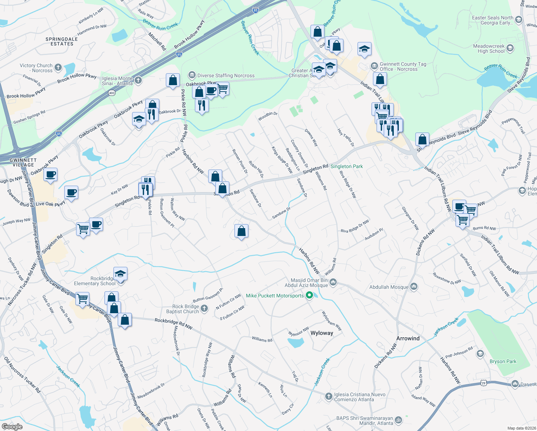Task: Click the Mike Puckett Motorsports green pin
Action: (309, 296)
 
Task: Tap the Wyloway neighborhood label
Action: (322, 333)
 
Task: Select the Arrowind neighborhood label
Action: (408, 338)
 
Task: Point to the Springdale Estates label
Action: (62, 41)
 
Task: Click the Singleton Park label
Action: (346, 166)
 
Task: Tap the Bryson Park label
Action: (503, 361)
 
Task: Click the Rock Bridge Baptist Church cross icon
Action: (204, 308)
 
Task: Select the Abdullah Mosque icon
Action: (414, 286)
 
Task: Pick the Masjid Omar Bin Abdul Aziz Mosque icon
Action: (333, 282)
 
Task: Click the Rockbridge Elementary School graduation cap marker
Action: (120, 274)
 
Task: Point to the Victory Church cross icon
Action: (58, 67)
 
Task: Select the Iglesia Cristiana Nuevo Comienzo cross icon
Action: (328, 396)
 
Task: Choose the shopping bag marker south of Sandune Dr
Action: (242, 231)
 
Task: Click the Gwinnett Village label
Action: (23, 162)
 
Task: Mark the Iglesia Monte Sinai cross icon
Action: (138, 80)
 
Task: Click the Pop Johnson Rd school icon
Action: (480, 354)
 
